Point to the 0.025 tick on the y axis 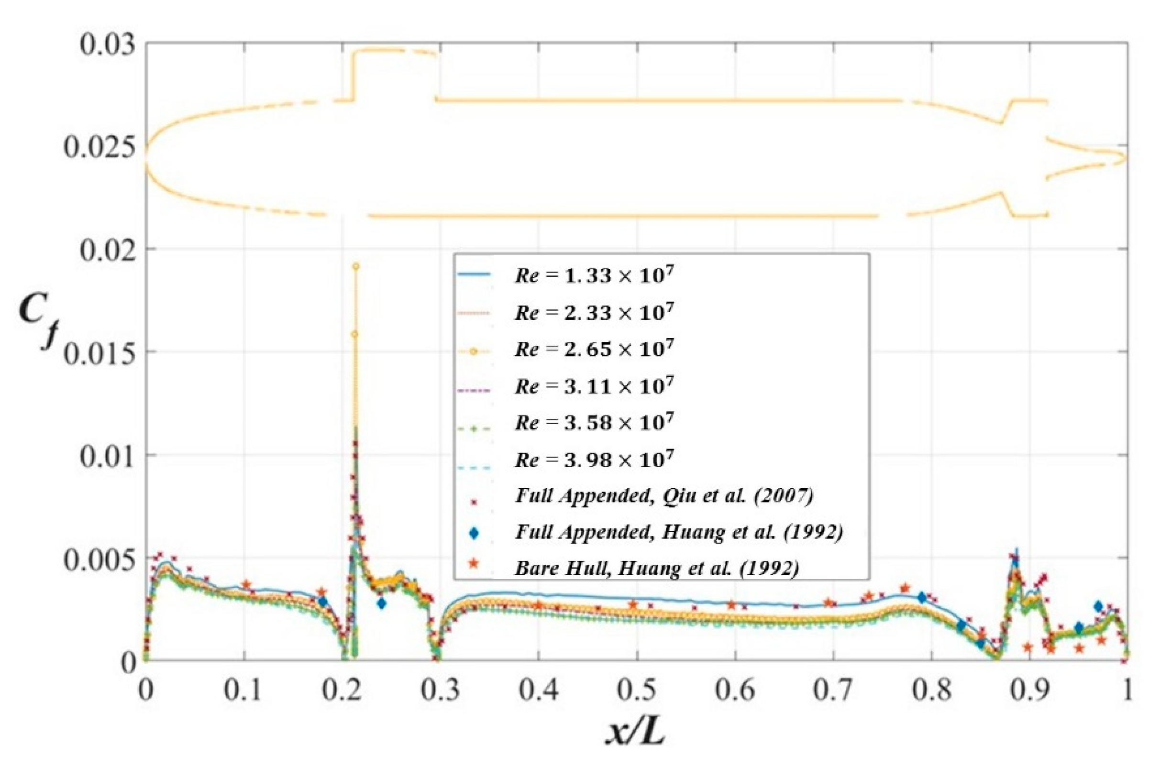[99, 148]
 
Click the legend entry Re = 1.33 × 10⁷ [593, 276]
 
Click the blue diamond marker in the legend [475, 533]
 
